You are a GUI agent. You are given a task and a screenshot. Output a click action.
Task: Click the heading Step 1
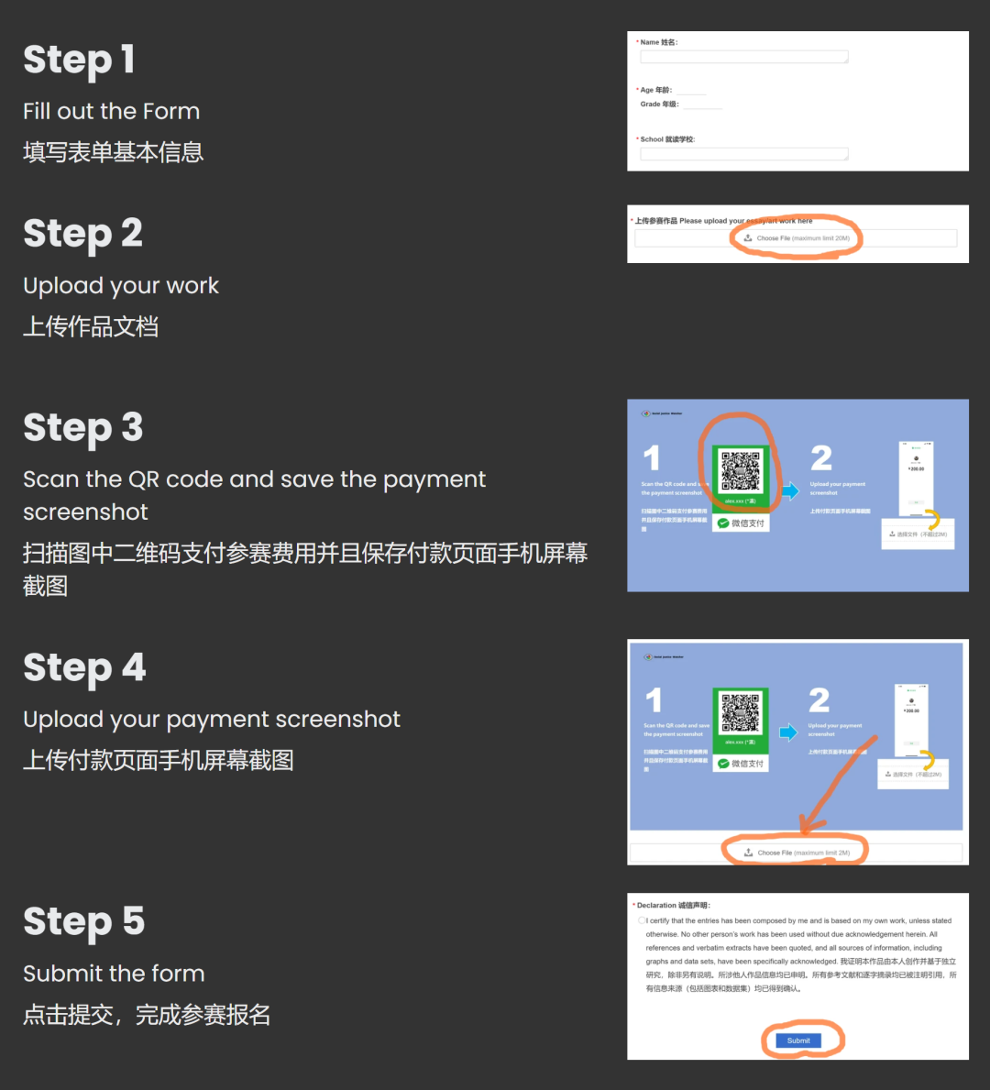(x=79, y=61)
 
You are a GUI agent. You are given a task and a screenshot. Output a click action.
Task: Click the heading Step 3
(x=82, y=428)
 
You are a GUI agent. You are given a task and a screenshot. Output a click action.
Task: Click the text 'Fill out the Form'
(x=111, y=112)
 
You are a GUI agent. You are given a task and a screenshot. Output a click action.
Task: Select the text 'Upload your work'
(x=121, y=286)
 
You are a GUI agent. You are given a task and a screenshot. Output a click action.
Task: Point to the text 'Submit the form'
(x=114, y=974)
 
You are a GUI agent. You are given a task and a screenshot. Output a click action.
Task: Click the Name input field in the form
(x=743, y=57)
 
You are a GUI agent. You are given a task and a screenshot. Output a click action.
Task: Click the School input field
(x=743, y=154)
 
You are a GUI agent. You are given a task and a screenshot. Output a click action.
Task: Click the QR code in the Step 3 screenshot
(x=740, y=471)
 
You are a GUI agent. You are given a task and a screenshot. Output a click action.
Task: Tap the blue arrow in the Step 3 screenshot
(x=790, y=490)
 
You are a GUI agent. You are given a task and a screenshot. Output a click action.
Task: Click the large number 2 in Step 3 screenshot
(x=821, y=457)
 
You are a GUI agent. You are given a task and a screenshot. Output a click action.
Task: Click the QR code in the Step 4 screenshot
(x=740, y=713)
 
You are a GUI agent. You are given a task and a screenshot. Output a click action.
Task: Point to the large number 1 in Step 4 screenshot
(x=653, y=700)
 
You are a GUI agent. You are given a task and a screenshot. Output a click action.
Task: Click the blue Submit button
(x=797, y=1040)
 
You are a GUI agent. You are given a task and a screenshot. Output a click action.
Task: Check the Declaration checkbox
(x=642, y=920)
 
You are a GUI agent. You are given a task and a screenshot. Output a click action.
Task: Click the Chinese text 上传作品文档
(x=91, y=327)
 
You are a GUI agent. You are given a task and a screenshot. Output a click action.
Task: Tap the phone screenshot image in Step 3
(x=915, y=477)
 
